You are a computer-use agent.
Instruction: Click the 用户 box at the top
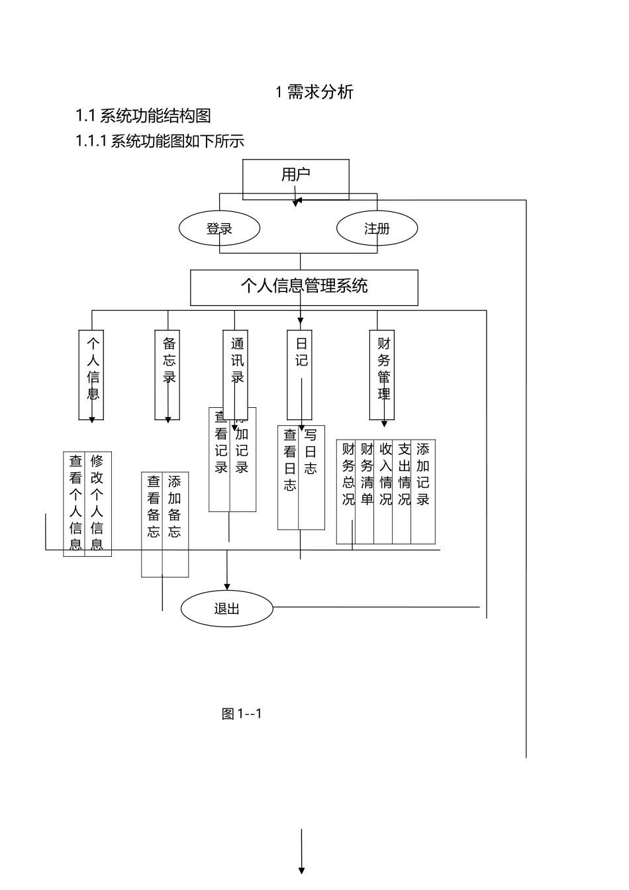click(296, 175)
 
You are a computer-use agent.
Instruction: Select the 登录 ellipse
click(219, 229)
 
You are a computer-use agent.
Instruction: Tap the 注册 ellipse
click(377, 229)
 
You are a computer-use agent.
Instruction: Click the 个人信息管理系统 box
click(304, 287)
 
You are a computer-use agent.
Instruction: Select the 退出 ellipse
click(226, 609)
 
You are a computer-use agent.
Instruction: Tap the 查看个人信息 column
click(75, 503)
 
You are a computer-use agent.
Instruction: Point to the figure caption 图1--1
click(242, 714)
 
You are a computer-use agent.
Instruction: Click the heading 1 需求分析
click(314, 92)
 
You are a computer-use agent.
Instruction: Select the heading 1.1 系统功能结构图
click(143, 116)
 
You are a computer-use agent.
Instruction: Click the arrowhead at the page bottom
click(302, 870)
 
